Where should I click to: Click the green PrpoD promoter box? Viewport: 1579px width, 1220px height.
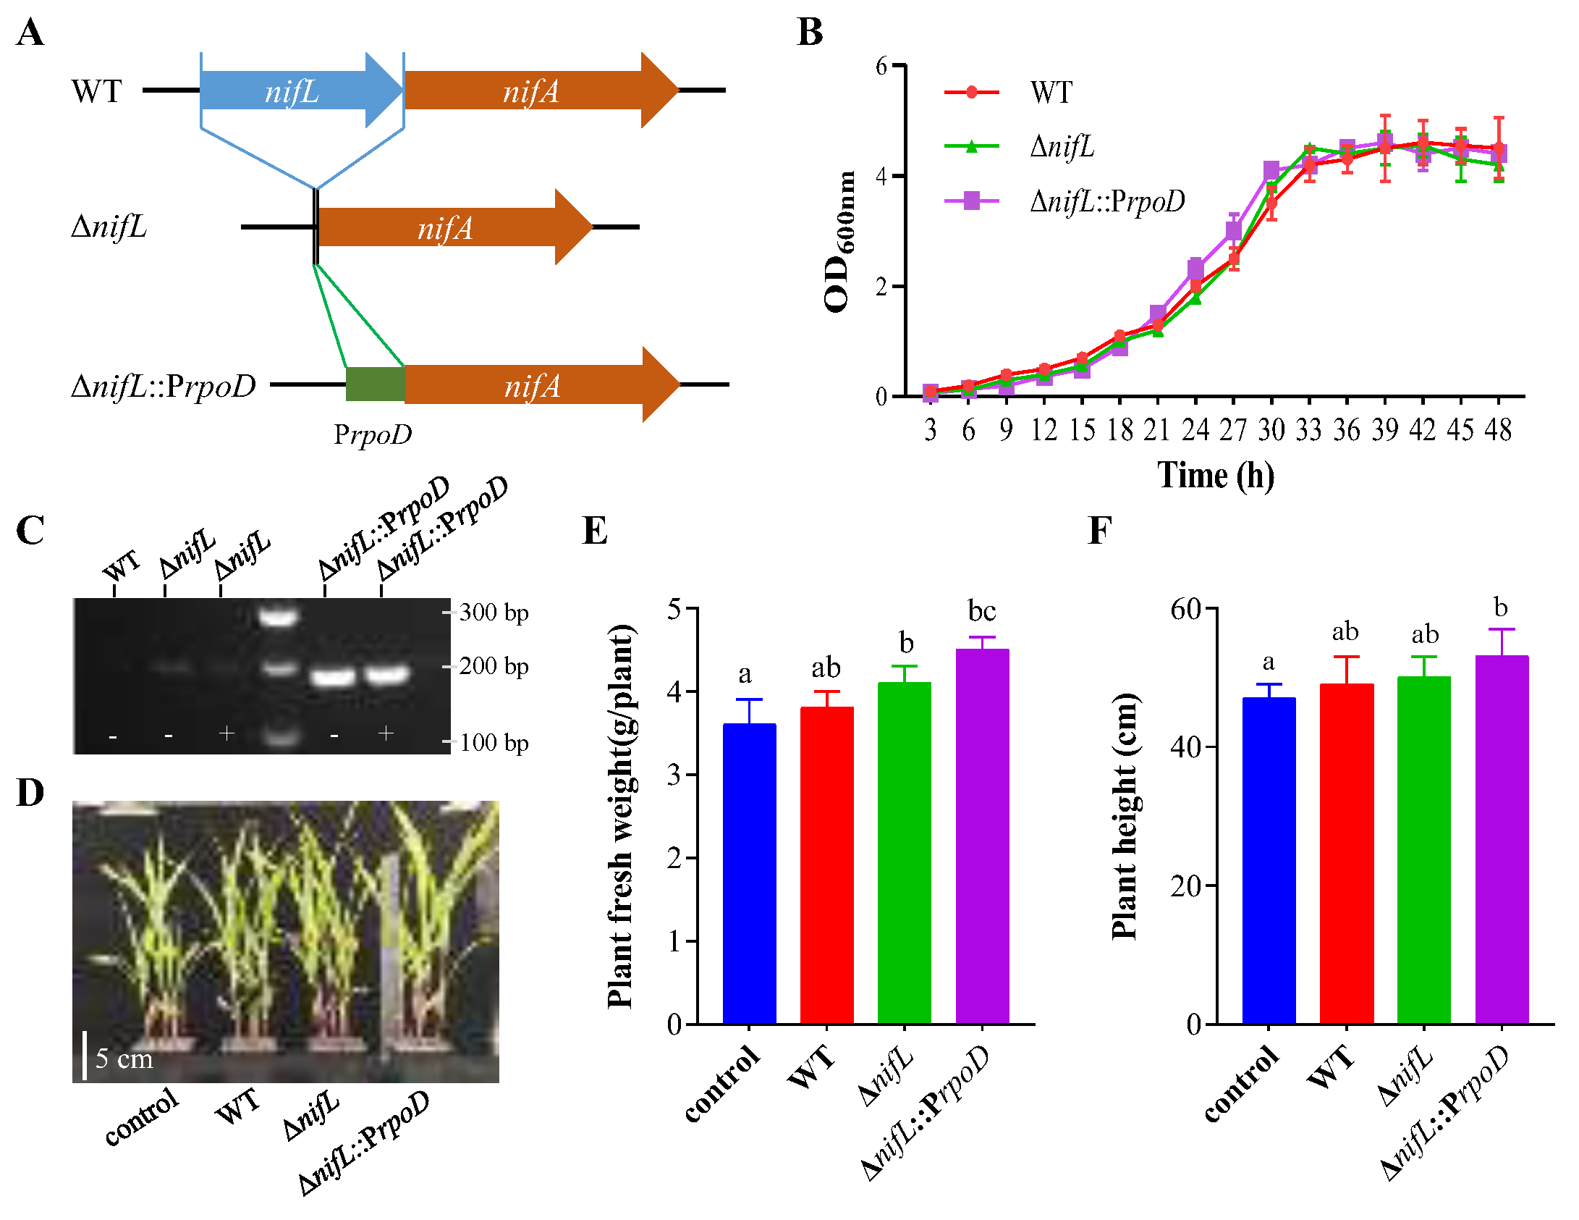[x=375, y=384]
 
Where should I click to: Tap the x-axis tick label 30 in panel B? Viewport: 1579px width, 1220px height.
[x=1271, y=430]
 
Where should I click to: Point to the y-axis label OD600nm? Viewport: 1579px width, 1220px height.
[x=839, y=243]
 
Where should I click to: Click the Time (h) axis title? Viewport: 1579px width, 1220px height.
[x=1216, y=476]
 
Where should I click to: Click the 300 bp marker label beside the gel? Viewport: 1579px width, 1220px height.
[x=494, y=613]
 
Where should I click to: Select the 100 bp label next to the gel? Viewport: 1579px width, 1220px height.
[x=494, y=743]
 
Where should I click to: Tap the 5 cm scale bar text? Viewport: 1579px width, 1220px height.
[x=124, y=1059]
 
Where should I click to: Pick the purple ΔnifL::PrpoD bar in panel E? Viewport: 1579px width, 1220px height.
[x=982, y=836]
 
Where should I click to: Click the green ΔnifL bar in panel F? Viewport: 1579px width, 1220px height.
[x=1423, y=851]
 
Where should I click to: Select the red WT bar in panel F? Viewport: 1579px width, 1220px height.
[x=1346, y=854]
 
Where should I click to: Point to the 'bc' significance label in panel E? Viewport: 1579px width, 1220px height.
[x=982, y=611]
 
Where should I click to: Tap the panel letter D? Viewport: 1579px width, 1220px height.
[x=30, y=793]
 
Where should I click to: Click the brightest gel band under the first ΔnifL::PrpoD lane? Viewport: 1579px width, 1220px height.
[x=333, y=678]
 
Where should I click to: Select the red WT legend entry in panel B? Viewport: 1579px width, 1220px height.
[x=1051, y=92]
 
